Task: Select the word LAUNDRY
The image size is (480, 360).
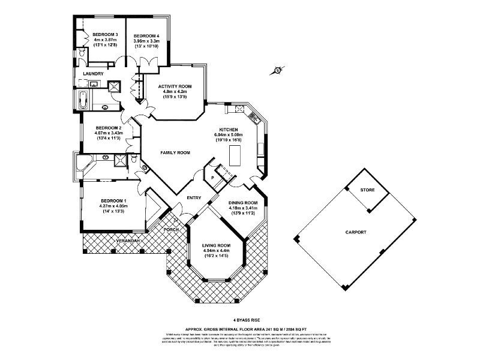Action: point(94,74)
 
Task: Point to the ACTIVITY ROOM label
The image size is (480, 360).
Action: point(175,86)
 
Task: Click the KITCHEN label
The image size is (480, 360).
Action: point(229,130)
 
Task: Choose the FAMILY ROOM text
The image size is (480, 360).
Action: point(175,153)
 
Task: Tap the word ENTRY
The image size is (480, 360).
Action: point(194,198)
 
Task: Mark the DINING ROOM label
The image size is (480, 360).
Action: point(244,202)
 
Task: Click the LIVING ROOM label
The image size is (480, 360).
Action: point(216,245)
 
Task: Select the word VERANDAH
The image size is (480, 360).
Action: point(128,241)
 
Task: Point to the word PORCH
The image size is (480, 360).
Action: point(172,229)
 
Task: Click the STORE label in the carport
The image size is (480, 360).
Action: point(367,190)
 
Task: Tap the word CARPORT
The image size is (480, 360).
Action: point(356,232)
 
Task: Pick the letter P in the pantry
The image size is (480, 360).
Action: point(212,177)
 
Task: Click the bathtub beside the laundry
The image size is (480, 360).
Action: point(82,100)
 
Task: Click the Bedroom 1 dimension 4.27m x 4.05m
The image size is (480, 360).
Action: point(113,206)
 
